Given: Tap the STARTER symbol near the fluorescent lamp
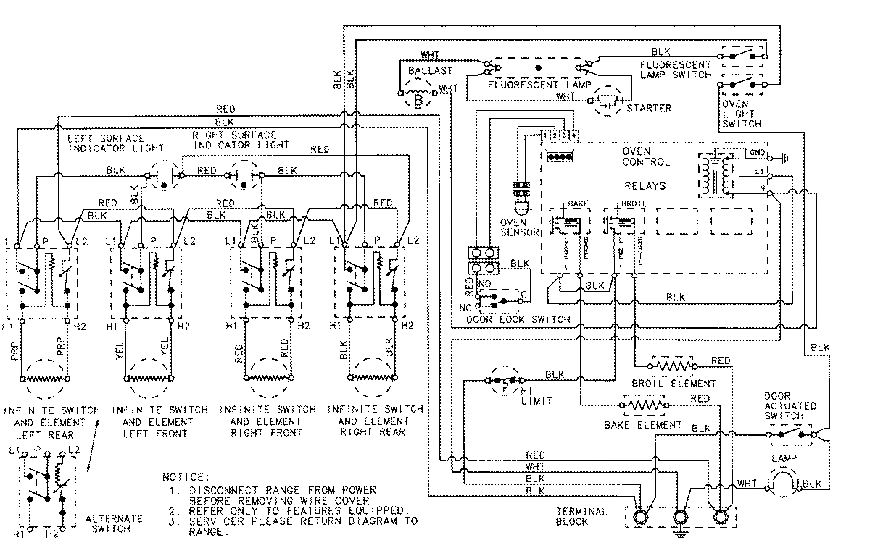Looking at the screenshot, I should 608,103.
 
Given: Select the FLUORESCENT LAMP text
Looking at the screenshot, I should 535,85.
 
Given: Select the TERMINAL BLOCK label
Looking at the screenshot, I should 581,516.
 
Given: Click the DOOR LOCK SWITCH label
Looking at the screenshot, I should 518,319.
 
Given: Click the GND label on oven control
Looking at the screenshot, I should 756,153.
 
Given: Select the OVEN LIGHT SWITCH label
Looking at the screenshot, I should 740,114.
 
